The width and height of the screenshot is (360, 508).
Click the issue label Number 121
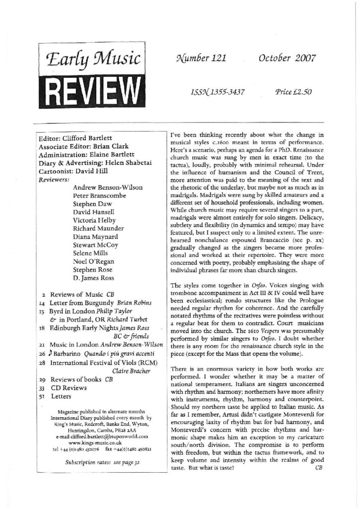click(x=194, y=59)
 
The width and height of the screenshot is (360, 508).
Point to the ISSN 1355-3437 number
click(x=216, y=93)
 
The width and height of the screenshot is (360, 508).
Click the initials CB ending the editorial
click(x=318, y=469)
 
